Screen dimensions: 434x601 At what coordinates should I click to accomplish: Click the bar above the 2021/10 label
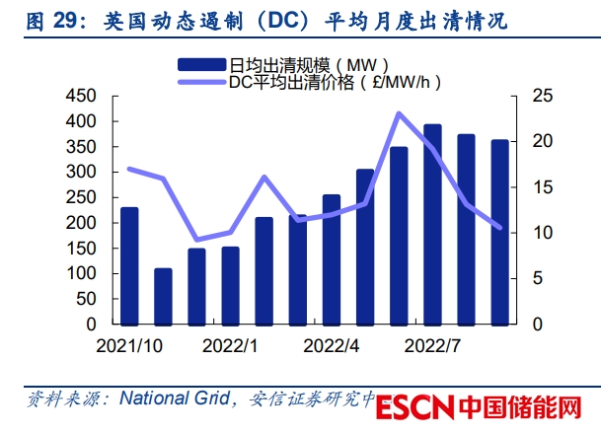[129, 265]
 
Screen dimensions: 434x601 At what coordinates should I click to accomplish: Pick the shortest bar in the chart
[163, 296]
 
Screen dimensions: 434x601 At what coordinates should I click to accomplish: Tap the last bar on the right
[500, 232]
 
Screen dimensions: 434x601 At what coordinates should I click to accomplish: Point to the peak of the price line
[399, 113]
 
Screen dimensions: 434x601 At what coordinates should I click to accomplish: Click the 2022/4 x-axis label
[331, 346]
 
